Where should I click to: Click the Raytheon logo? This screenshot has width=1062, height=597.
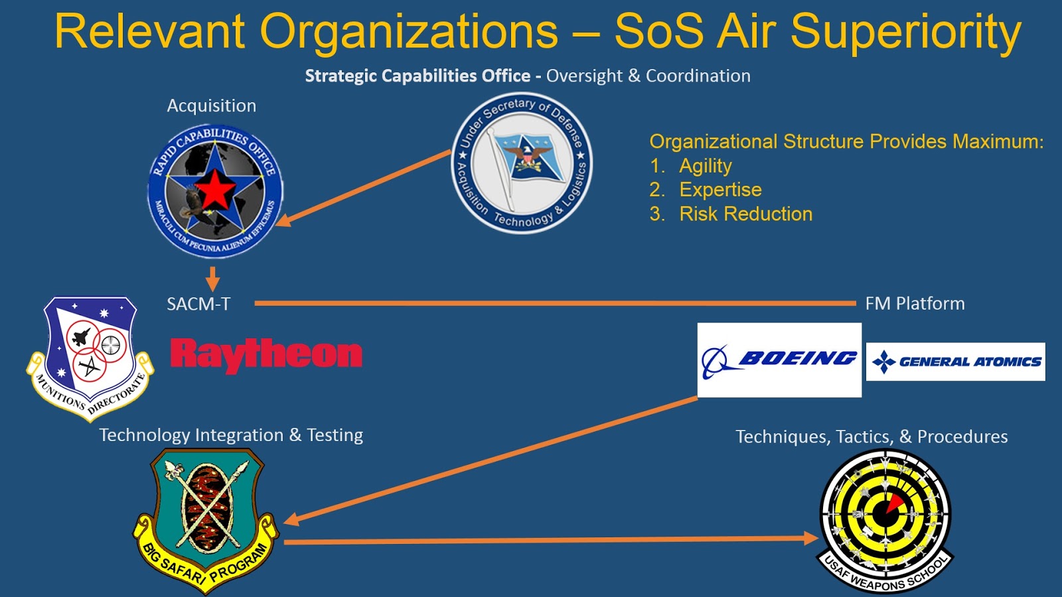pos(266,355)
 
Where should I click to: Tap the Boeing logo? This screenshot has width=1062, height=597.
pos(779,360)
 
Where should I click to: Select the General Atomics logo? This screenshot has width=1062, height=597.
pos(955,362)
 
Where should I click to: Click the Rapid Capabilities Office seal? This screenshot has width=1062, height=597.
pos(216,192)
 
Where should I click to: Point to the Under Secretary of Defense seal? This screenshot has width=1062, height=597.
pos(522,163)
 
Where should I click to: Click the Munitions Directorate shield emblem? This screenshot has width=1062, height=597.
pos(90,359)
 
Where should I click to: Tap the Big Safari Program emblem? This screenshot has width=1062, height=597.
pos(206,521)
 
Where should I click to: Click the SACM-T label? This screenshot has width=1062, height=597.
pos(198,304)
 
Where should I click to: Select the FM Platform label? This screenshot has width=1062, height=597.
pos(915,303)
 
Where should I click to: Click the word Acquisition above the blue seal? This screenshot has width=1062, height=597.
pos(212,105)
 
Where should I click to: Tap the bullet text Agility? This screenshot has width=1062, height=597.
pos(706,166)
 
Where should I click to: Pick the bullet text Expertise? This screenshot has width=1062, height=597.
pos(721,190)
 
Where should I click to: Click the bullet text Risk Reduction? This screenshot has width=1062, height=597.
pos(746,214)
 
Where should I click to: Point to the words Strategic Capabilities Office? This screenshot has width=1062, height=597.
pos(417,76)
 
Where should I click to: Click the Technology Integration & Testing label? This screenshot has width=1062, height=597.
pos(231,435)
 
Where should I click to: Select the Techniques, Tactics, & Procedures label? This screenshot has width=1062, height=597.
pos(872,436)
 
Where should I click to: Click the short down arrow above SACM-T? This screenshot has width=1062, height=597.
pos(212,279)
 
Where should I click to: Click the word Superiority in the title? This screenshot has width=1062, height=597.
pos(906,31)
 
